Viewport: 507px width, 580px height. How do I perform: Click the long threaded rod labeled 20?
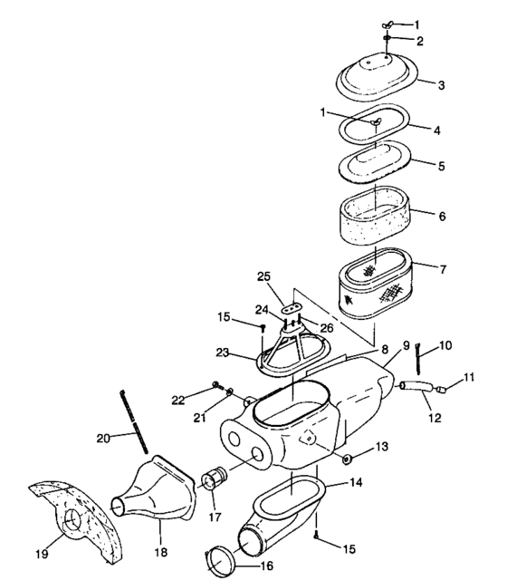(x=132, y=422)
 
